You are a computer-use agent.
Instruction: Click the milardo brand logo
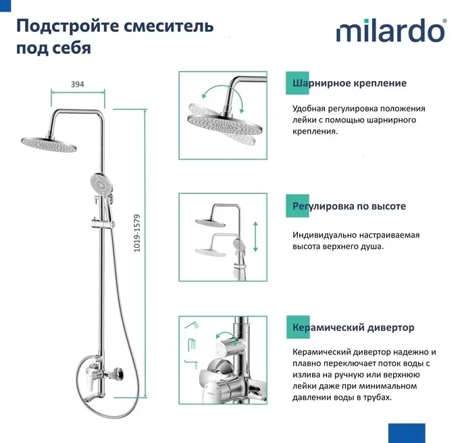[390, 30]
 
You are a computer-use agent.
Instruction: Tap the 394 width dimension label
[78, 84]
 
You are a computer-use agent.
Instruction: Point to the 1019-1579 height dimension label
[136, 233]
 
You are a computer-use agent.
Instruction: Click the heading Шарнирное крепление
[349, 83]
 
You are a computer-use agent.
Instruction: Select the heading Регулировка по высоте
[349, 206]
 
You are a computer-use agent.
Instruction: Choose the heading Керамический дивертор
[353, 328]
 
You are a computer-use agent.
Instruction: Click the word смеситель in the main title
[168, 26]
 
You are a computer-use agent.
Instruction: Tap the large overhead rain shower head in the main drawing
[49, 144]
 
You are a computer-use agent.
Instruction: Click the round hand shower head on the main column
[101, 184]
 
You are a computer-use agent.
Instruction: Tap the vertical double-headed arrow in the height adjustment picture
[255, 237]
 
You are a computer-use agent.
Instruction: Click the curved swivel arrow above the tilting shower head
[222, 95]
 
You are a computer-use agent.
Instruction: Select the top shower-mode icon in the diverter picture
[192, 325]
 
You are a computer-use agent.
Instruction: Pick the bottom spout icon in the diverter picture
[191, 364]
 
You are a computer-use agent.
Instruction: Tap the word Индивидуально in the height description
[324, 235]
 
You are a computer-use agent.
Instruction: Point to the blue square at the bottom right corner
[407, 434]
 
